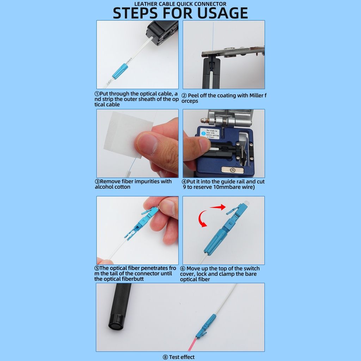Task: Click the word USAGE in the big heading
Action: (x=222, y=13)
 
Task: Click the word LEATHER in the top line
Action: (x=145, y=4)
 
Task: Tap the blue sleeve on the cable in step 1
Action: (x=120, y=71)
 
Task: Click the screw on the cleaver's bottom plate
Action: (x=232, y=170)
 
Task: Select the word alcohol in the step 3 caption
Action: (x=104, y=187)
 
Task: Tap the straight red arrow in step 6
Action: (x=218, y=207)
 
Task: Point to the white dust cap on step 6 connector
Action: (x=246, y=203)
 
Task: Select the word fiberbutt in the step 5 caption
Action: (x=133, y=279)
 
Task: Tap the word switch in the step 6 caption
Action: (x=251, y=268)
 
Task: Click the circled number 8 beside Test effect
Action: (x=165, y=357)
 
